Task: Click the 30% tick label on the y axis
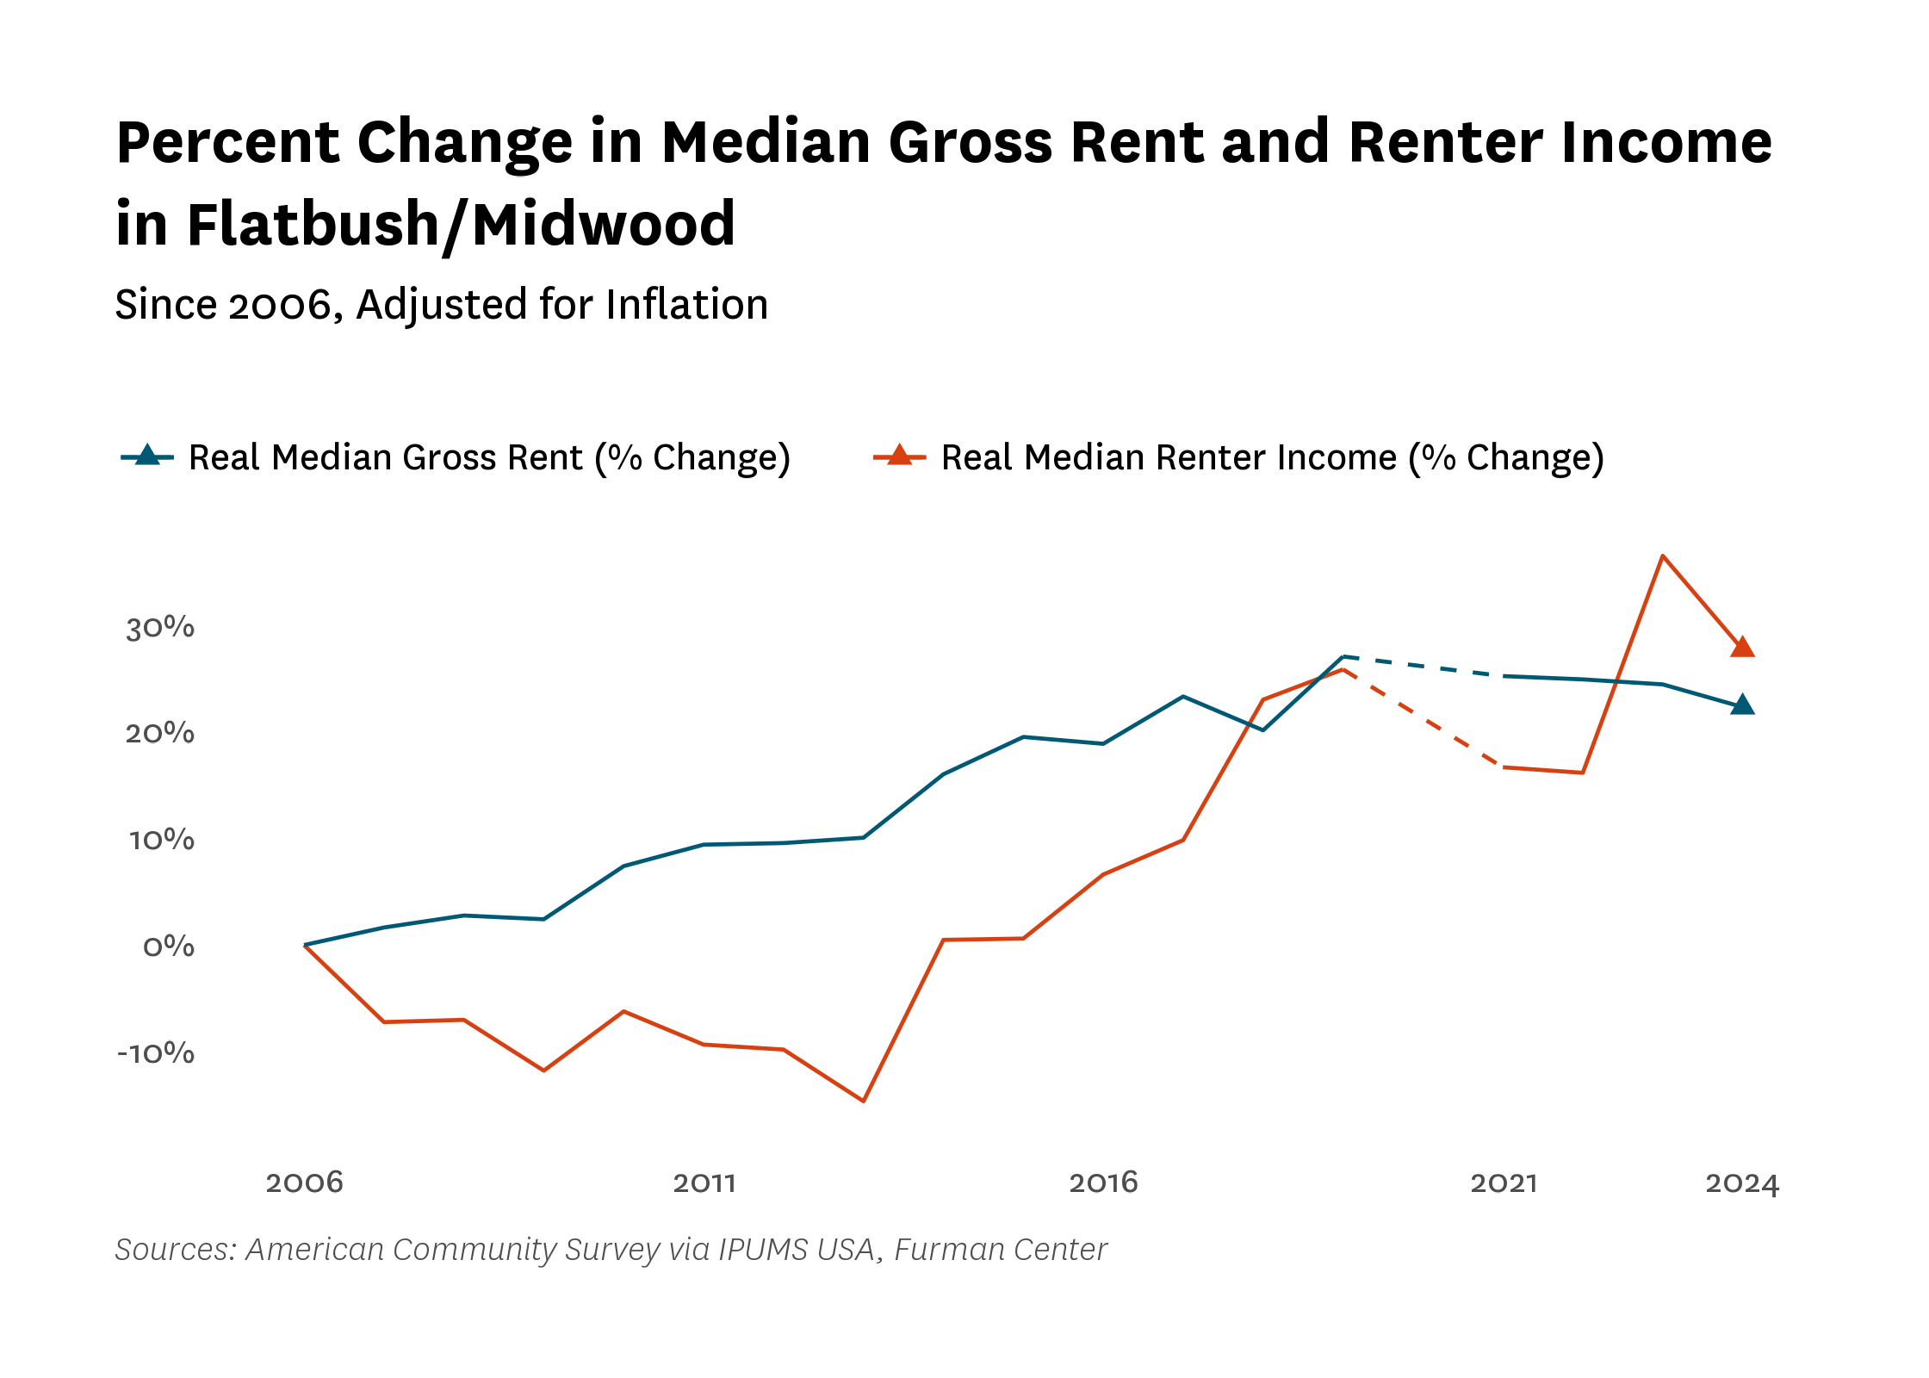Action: point(160,627)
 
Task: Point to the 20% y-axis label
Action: point(160,733)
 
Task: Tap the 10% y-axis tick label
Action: point(162,840)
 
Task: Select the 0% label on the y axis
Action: point(169,947)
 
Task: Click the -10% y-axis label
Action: point(156,1052)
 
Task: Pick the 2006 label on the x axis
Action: point(305,1182)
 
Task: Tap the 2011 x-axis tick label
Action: point(704,1182)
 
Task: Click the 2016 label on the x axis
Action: point(1103,1182)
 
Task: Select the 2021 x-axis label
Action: point(1504,1182)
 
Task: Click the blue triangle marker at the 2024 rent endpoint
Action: point(1742,705)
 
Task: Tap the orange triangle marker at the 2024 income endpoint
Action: point(1742,648)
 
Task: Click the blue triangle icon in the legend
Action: point(147,455)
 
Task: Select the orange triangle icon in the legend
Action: point(900,455)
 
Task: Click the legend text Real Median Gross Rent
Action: point(386,457)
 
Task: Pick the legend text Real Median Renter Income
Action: point(1169,457)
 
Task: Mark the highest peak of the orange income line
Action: point(1662,556)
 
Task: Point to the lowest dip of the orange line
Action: point(864,1101)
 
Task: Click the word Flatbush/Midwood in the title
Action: point(461,225)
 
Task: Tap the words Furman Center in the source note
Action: point(1001,1250)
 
